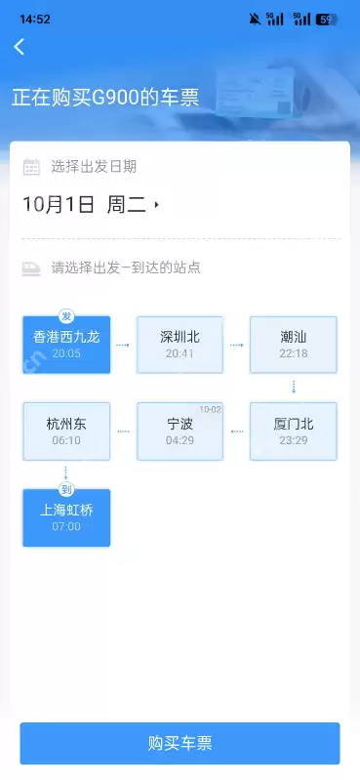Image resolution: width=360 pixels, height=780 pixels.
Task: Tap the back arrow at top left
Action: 19,46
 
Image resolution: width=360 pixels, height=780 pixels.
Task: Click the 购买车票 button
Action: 180,743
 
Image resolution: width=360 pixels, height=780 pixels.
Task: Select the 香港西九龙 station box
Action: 66,345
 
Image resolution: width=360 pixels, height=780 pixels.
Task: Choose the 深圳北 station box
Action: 180,345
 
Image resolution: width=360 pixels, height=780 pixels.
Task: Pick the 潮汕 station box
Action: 293,345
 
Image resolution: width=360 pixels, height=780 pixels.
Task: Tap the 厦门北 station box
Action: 293,431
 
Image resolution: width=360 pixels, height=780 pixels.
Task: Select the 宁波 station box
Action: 180,431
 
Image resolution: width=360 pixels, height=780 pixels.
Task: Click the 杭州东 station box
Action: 66,431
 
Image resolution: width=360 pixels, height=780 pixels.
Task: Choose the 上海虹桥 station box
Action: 66,517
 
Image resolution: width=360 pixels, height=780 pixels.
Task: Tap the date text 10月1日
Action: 59,205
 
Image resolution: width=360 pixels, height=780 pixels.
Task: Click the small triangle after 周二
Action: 156,205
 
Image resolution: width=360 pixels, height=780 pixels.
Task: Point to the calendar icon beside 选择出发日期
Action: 31,166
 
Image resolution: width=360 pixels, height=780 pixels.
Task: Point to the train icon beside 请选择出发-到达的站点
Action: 31,267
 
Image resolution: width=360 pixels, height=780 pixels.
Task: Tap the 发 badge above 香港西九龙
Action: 66,316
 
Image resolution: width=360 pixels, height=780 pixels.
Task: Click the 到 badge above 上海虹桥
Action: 66,489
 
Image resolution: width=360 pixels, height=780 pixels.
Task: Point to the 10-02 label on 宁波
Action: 211,409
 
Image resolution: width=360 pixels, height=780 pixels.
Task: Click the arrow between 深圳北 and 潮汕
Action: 236,345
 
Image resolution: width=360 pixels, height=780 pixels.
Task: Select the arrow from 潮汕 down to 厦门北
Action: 293,388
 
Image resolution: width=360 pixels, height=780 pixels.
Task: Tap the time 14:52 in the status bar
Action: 35,19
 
